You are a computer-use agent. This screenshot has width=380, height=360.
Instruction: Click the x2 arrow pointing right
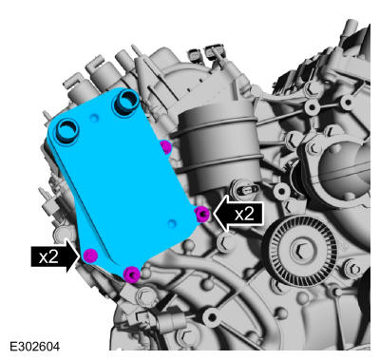[x=55, y=256]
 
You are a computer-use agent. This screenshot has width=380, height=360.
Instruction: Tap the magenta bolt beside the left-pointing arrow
[x=202, y=214]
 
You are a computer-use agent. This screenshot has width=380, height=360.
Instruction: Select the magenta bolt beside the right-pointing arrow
[x=90, y=256]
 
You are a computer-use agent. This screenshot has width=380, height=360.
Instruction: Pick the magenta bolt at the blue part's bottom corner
[x=132, y=275]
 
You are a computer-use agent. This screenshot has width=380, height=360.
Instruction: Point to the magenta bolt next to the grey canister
[x=165, y=147]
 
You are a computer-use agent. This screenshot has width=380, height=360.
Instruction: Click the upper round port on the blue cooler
[x=126, y=102]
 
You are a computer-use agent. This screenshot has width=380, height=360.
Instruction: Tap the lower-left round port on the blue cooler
[x=68, y=132]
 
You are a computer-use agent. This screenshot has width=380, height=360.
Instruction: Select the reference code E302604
[x=34, y=346]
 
